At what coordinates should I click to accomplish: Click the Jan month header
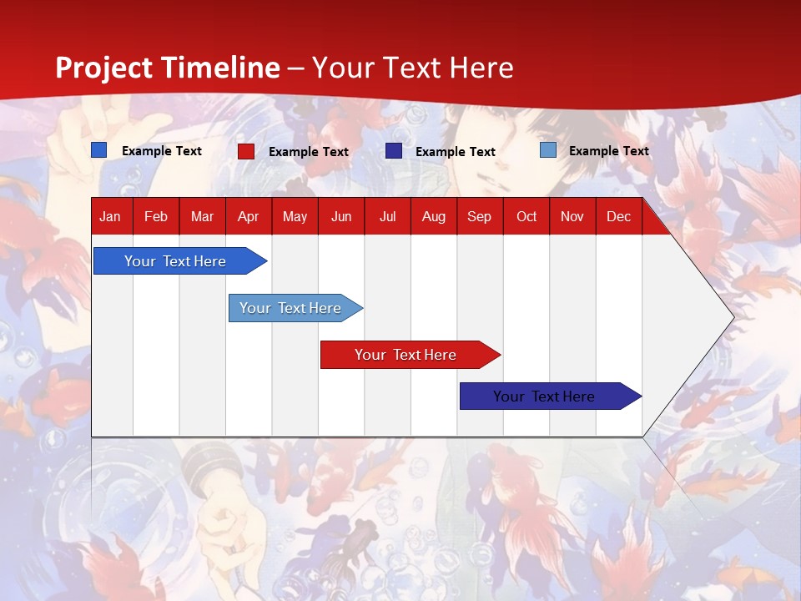[110, 217]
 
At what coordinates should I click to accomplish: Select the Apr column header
[249, 217]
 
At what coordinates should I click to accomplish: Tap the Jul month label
[388, 217]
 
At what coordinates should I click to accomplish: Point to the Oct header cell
[526, 217]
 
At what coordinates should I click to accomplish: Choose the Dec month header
[618, 217]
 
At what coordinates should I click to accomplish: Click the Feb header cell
[156, 217]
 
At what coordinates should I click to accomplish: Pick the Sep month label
[479, 217]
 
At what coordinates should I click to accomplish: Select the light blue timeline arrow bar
[295, 308]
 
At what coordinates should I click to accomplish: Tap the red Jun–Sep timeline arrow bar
[411, 355]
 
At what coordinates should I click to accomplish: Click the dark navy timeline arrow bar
[551, 396]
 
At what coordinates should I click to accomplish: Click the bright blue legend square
[98, 149]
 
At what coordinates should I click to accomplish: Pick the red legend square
[246, 151]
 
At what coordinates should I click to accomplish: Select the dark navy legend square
[393, 151]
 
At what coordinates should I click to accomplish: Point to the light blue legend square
[548, 149]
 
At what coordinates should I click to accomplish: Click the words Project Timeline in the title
[168, 68]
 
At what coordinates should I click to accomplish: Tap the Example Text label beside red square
[309, 152]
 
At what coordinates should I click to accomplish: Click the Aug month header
[434, 217]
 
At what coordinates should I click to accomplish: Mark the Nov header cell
[572, 217]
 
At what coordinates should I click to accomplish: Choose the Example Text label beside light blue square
[609, 151]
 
